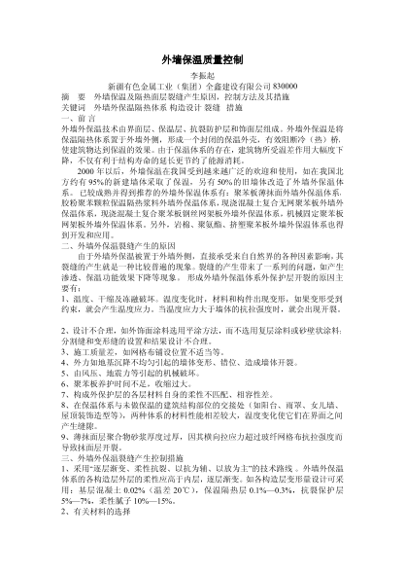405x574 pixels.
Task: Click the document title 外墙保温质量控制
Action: click(202, 60)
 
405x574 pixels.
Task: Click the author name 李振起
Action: click(202, 78)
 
